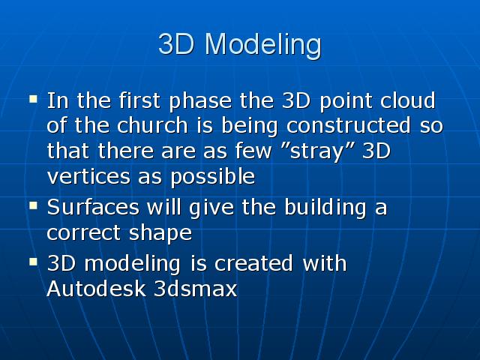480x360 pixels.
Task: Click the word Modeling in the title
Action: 263,45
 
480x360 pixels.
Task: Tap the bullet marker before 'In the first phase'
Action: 33,99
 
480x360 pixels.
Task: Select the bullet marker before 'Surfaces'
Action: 33,205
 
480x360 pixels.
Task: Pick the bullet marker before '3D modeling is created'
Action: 33,262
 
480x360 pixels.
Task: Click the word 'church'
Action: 152,125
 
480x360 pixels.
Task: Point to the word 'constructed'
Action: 348,125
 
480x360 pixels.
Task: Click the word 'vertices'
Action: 88,176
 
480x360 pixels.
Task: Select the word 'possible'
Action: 212,178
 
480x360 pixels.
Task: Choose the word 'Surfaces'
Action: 93,207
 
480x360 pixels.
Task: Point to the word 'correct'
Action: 83,233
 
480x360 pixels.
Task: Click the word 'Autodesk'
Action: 96,288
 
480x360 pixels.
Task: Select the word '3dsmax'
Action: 195,288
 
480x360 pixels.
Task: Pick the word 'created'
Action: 253,263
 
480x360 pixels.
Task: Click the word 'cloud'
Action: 408,100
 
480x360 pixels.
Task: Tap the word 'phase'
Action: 200,101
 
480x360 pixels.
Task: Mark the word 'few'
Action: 253,151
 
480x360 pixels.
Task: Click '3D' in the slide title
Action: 177,43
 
